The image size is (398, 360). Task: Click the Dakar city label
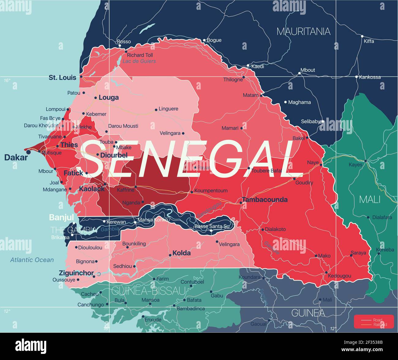tap(16, 157)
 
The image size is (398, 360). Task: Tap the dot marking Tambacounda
tap(241, 203)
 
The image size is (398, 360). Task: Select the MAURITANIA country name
tap(303, 31)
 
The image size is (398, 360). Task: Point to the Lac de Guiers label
tap(139, 61)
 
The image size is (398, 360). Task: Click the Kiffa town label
tap(369, 41)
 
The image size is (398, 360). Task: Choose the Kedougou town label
tap(339, 276)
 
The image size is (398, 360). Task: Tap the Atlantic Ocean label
tap(32, 260)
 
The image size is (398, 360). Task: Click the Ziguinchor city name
tap(76, 273)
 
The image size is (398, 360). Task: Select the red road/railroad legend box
tap(374, 322)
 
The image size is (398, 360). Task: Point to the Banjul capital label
tap(61, 218)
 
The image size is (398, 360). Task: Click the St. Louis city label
tap(62, 78)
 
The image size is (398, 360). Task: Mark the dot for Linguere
tap(156, 109)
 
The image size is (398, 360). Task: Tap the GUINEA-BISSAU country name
tap(148, 290)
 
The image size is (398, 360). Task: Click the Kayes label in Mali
tap(355, 165)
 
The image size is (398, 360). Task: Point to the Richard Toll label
tap(140, 55)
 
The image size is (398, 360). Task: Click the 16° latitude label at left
tap(7, 81)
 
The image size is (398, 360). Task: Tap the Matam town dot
tap(261, 96)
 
